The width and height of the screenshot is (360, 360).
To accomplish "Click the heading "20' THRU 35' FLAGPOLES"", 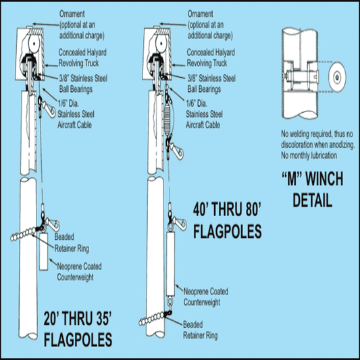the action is coord(78,329).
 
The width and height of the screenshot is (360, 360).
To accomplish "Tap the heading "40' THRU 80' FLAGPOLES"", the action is coord(228,220).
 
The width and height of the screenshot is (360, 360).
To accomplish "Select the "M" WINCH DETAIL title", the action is coord(312,189).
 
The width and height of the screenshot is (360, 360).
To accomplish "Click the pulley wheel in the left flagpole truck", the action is coord(34,44).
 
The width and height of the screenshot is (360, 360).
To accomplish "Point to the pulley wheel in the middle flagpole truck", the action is coord(161,44).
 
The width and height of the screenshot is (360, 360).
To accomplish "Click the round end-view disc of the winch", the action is coord(337,77).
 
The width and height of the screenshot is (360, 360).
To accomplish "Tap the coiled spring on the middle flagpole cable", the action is coord(168,120).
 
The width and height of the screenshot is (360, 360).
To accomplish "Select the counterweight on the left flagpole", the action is coord(43,252).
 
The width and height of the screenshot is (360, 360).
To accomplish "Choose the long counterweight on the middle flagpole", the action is coord(170,263).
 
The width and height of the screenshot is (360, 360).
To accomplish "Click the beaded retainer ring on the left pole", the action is coord(25,233).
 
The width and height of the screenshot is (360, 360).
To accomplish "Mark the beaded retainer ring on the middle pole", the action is coord(154,317).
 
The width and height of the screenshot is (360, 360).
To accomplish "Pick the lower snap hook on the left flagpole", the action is coord(51,224).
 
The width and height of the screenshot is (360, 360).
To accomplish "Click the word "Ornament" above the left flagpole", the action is coord(72,14).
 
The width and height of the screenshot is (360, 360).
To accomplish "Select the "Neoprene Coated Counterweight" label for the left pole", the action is coord(79,272).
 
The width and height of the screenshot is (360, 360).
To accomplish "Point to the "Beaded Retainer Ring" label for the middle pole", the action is coord(200,330).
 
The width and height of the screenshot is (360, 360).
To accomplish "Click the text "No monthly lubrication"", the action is coord(309,155).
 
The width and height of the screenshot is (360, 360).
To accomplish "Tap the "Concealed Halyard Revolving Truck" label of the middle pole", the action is coord(211,57).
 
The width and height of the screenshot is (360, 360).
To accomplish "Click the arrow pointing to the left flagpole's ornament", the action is coord(46,24).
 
